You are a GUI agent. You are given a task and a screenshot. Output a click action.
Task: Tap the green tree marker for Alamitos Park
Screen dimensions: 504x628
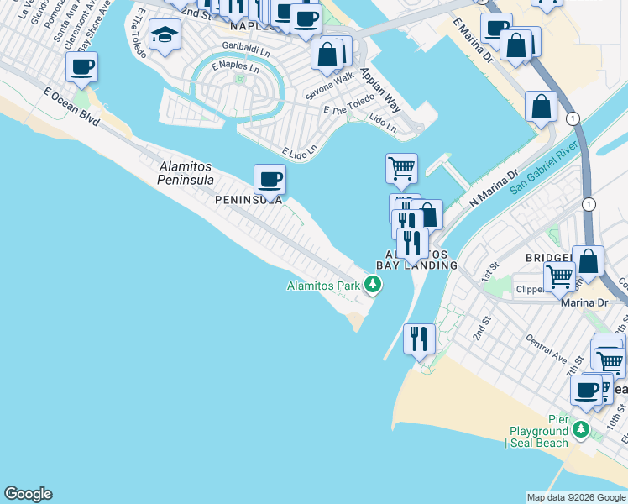click(x=373, y=286)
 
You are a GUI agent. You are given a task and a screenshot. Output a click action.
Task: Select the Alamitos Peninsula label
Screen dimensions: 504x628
click(x=186, y=173)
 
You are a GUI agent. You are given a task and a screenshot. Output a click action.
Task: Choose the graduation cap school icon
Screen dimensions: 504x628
click(x=165, y=35)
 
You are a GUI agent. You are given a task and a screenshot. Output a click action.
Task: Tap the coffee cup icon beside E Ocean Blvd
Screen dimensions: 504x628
click(x=81, y=67)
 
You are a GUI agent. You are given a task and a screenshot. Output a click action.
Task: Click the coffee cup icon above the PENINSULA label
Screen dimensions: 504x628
click(x=270, y=178)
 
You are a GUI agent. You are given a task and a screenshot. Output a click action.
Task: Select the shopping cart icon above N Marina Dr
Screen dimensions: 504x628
click(x=401, y=168)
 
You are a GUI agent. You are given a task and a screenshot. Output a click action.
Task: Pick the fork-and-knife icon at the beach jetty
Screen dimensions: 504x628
click(x=419, y=339)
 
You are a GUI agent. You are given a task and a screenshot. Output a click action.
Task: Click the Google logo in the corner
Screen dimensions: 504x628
click(x=28, y=494)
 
